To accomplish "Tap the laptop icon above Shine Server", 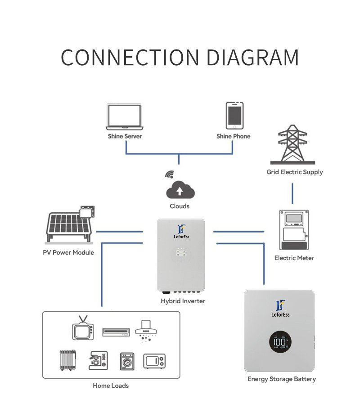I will [125, 116].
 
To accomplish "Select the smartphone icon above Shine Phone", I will [234, 116].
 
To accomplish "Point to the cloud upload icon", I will [180, 191].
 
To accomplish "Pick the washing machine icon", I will [127, 361].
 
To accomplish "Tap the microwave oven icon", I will [154, 361].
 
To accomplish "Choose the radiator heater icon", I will [68, 360].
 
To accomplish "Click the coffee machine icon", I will [99, 360].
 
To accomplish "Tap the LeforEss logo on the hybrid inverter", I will [181, 232].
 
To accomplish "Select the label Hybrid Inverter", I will [183, 300].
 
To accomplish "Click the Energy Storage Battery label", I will [282, 379].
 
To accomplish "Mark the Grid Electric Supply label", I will [295, 172].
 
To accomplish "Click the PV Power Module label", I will [68, 252].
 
